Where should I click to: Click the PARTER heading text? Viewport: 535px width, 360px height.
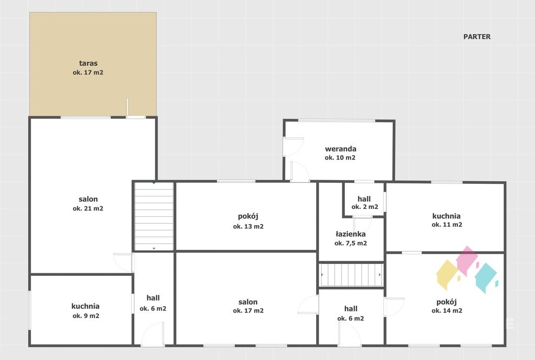click(476, 37)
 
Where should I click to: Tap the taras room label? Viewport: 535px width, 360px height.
click(88, 63)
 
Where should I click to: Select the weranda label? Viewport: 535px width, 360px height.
click(341, 149)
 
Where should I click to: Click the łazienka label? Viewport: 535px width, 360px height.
click(351, 234)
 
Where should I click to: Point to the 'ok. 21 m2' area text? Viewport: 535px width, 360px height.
click(88, 208)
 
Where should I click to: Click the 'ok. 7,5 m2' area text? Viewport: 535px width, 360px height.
click(351, 243)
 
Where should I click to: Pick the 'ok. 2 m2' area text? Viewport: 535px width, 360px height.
click(365, 207)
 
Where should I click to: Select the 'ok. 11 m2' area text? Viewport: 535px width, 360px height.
click(447, 225)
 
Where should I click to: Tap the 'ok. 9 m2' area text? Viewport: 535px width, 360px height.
click(86, 316)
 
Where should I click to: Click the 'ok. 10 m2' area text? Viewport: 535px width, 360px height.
click(340, 158)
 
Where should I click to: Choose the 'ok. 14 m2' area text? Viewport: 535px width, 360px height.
click(447, 310)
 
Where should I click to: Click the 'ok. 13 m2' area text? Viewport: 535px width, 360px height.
click(248, 226)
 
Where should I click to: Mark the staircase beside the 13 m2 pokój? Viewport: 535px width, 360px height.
click(154, 216)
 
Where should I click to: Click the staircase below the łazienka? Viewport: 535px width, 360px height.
click(351, 274)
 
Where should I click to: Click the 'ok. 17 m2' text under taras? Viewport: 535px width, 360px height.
click(88, 72)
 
